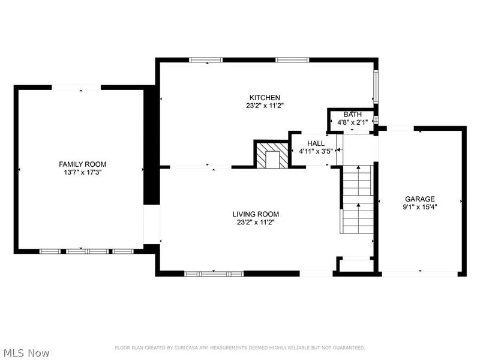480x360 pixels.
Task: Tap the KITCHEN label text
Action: coord(265,97)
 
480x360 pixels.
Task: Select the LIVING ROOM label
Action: coord(256,214)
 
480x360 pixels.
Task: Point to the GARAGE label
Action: coord(419,199)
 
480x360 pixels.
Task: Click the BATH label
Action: coord(352,115)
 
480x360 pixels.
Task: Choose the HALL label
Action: coord(316,143)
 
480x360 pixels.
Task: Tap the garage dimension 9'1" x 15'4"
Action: coord(419,208)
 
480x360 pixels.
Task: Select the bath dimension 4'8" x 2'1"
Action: coord(353,122)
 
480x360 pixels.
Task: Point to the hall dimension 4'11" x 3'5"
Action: coord(316,152)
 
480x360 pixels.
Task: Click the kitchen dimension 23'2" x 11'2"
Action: coord(265,106)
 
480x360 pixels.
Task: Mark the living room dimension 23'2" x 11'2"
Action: coord(256,223)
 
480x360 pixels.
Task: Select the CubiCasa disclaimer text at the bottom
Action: coord(240,347)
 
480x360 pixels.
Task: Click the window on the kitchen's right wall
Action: coord(376,87)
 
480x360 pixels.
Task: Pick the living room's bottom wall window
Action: coord(214,274)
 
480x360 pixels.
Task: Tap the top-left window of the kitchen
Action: coord(206,59)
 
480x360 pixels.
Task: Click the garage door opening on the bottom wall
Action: coord(419,274)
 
